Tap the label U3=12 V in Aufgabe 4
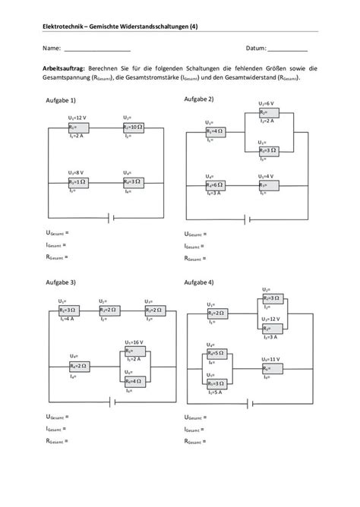(x=270, y=320)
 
